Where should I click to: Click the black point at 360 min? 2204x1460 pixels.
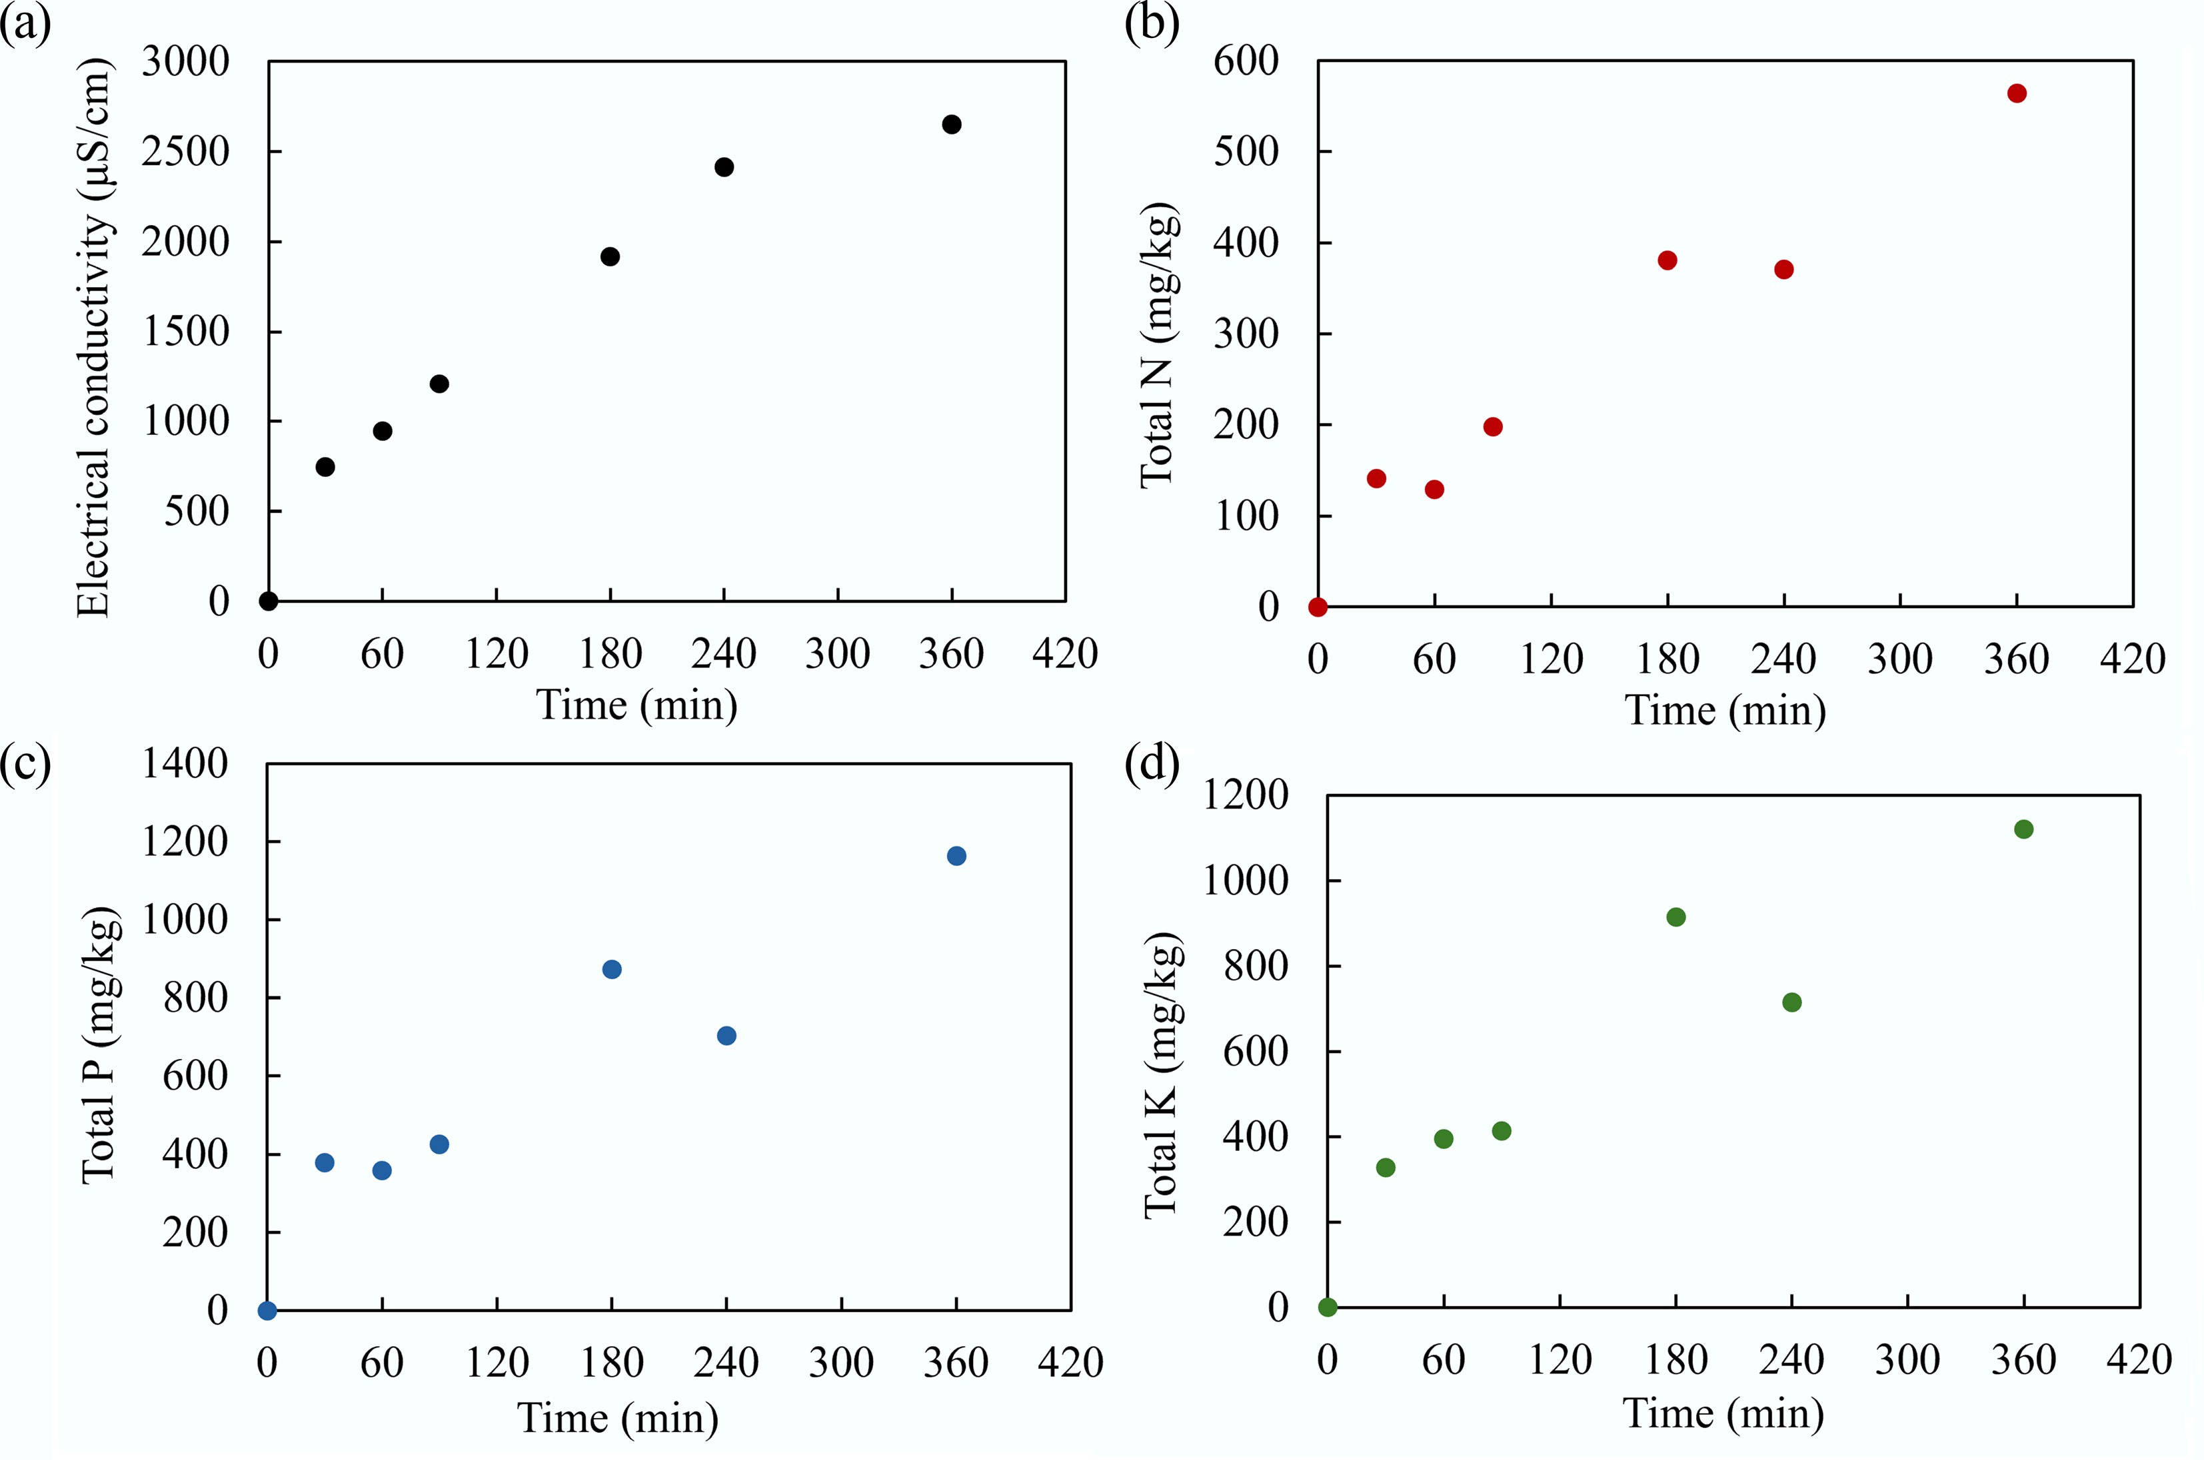(951, 125)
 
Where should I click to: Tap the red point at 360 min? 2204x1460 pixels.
(2017, 93)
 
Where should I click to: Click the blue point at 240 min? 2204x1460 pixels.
(726, 1036)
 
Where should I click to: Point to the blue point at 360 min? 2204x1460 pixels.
(956, 857)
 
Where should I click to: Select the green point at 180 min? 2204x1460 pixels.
(1675, 918)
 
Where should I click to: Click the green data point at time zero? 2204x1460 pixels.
(1328, 1308)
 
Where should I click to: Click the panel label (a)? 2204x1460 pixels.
(25, 25)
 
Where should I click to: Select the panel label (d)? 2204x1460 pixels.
(1152, 765)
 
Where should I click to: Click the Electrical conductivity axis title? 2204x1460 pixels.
(93, 337)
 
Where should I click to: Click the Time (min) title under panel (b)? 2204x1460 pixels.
(1725, 711)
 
